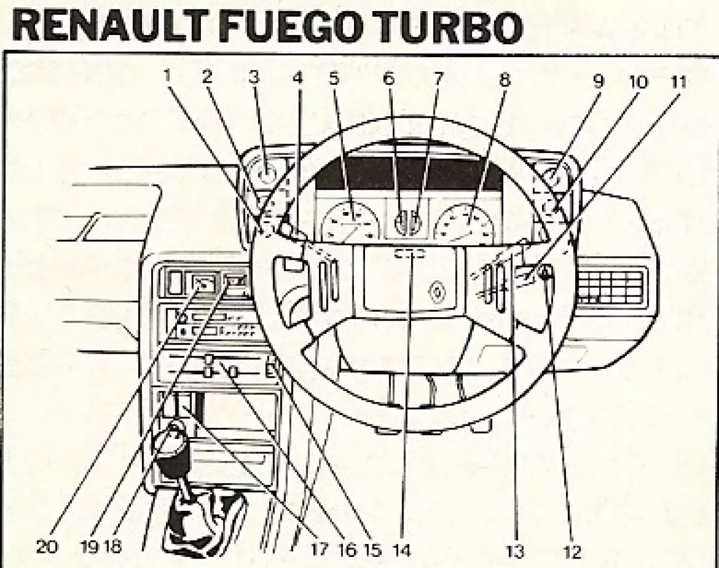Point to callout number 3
(x=254, y=78)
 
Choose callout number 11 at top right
(x=677, y=82)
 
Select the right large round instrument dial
(x=465, y=223)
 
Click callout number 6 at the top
(x=388, y=78)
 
